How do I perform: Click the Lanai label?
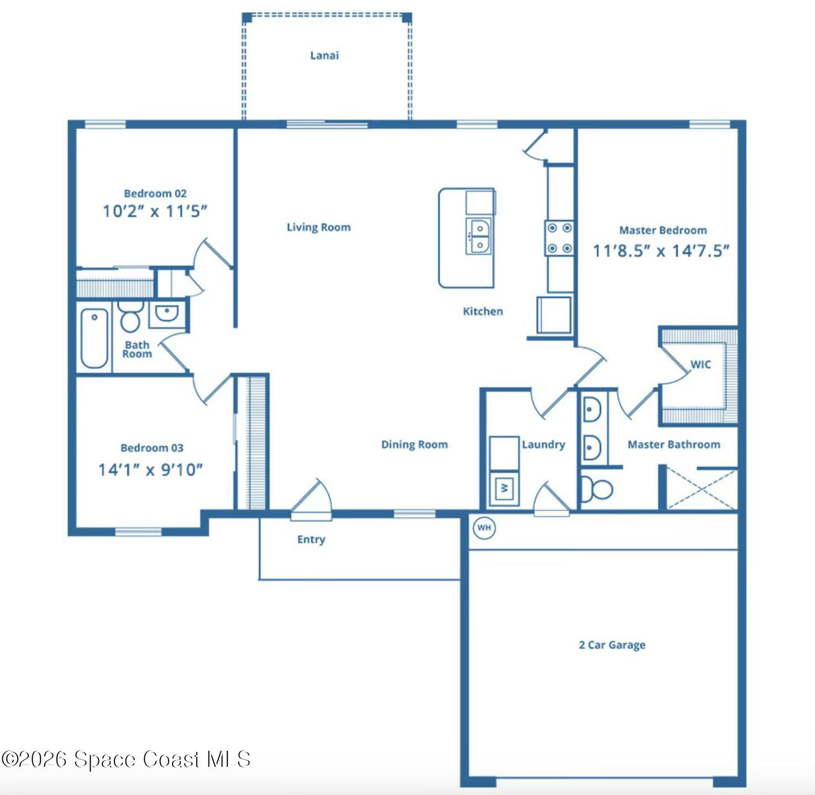coord(324,55)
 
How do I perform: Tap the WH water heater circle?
coord(484,527)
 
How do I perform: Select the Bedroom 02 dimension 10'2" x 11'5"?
coord(155,211)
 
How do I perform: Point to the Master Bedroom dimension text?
coord(661,251)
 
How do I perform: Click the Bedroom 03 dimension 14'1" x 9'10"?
coord(150,470)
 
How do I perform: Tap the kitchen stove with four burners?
coord(560,238)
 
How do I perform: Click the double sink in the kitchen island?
coord(479,236)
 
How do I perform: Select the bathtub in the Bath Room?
coord(95,338)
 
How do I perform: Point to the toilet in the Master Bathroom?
coord(597,489)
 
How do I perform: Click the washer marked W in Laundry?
coord(504,488)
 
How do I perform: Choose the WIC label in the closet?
coord(700,364)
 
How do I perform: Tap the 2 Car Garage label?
coord(612,645)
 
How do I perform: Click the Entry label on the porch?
coord(311,540)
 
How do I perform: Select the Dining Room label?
coord(414,444)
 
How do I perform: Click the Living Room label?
coord(318,227)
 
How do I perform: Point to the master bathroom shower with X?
coord(701,489)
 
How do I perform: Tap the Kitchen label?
coord(483,311)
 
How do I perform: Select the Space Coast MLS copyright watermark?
coord(126,759)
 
